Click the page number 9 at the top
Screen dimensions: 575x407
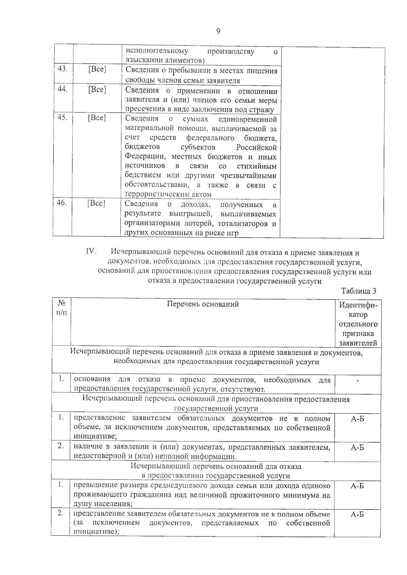[218, 31]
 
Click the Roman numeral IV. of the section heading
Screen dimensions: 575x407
[91, 252]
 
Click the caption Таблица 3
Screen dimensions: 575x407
[359, 291]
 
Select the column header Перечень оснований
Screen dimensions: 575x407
[203, 304]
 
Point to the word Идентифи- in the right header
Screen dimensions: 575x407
[358, 305]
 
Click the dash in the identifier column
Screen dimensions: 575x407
[357, 381]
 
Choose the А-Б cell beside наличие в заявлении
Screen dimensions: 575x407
[357, 448]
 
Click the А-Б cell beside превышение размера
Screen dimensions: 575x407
[357, 486]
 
